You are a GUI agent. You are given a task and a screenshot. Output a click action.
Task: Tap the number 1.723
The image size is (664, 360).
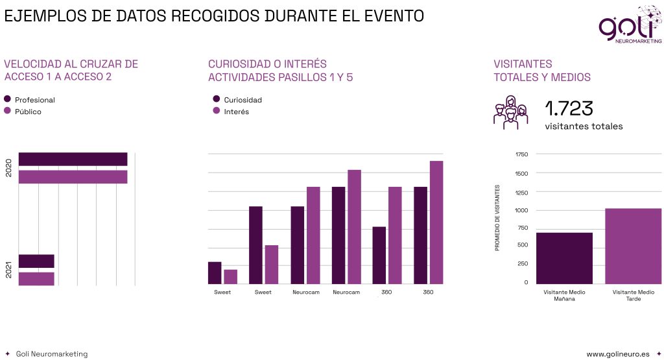pyautogui.click(x=569, y=108)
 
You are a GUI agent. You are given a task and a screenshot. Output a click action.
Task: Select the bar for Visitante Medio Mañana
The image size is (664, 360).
pyautogui.click(x=564, y=258)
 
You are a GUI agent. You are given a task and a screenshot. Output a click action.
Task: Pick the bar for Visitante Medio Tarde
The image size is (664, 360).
pyautogui.click(x=633, y=246)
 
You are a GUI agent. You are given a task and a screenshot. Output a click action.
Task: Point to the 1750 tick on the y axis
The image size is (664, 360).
pyautogui.click(x=521, y=154)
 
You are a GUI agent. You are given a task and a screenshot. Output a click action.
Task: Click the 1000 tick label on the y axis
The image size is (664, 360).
pyautogui.click(x=521, y=210)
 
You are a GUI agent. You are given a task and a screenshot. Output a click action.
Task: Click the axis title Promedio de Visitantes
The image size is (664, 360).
pyautogui.click(x=497, y=218)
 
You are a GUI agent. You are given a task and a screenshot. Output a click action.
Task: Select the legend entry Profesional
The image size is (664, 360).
pyautogui.click(x=34, y=100)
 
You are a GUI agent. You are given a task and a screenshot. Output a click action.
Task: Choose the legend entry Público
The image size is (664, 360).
pyautogui.click(x=28, y=112)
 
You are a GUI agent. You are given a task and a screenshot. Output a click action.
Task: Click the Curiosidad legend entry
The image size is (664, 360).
pyautogui.click(x=243, y=100)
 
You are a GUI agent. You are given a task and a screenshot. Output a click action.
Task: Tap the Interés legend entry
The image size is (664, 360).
pyautogui.click(x=236, y=112)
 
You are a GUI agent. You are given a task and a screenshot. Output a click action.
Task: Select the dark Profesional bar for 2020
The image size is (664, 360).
pyautogui.click(x=73, y=159)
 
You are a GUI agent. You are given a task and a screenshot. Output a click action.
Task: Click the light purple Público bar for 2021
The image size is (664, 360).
pyautogui.click(x=36, y=278)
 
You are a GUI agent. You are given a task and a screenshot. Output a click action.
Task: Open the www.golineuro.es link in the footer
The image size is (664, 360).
pyautogui.click(x=617, y=354)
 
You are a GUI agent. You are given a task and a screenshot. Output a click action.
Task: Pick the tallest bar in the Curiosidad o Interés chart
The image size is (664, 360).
pyautogui.click(x=436, y=222)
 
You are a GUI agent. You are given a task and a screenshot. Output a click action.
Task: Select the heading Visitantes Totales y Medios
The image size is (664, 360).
pyautogui.click(x=541, y=71)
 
